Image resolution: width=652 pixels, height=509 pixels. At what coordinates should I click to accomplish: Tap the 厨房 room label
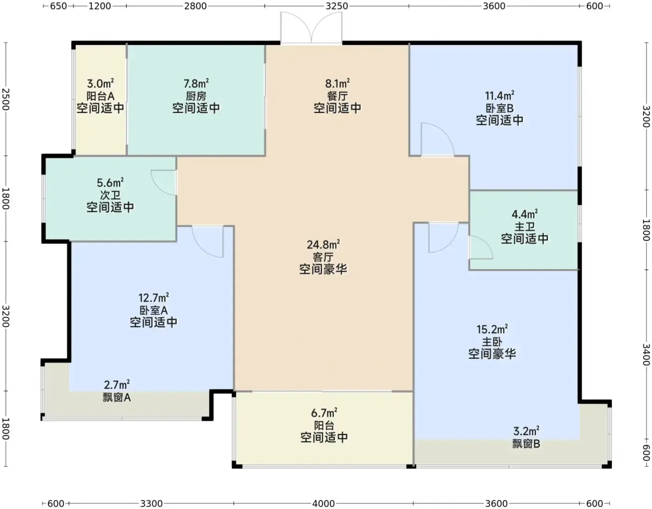tap(196, 96)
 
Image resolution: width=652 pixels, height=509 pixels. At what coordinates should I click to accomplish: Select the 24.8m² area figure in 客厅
tap(323, 245)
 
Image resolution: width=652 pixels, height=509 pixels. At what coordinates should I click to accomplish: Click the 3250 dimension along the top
tap(337, 6)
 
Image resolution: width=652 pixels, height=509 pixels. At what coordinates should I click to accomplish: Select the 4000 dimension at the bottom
tap(324, 503)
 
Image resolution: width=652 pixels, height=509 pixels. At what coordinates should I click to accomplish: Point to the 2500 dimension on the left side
tap(6, 99)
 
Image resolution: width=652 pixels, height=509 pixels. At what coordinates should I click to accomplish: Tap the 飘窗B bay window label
tap(526, 444)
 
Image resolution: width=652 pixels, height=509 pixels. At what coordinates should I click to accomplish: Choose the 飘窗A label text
tap(117, 397)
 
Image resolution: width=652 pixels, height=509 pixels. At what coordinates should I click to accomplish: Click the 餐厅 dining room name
tap(337, 96)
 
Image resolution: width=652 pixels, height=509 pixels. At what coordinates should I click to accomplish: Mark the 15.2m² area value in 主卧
tap(492, 329)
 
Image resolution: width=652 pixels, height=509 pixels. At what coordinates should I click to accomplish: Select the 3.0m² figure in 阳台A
tap(100, 83)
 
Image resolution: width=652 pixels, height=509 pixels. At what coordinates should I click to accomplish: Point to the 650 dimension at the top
tap(58, 6)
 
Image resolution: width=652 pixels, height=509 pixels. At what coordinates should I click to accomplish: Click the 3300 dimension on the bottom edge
tap(151, 503)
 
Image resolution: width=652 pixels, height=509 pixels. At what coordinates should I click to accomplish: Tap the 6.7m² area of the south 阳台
tap(324, 413)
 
